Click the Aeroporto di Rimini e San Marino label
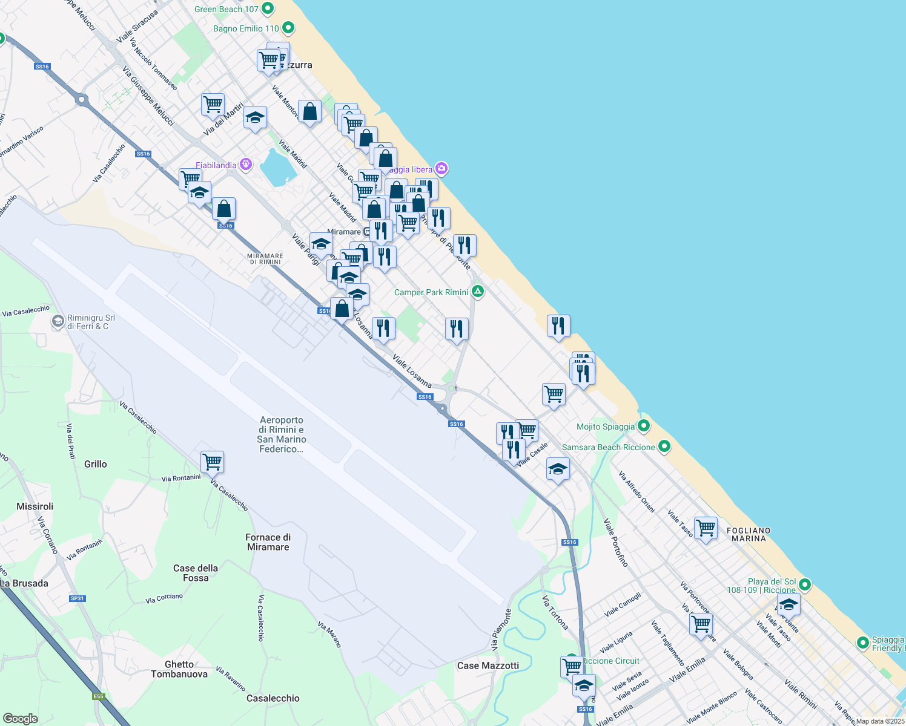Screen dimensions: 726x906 pos(282,434)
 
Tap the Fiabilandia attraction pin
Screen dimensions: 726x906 pos(245,165)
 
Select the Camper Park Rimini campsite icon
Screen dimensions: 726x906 pos(478,292)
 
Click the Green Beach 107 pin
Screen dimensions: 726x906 pos(268,9)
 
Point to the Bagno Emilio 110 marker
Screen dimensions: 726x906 pos(288,28)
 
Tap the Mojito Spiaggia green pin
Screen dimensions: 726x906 pos(644,426)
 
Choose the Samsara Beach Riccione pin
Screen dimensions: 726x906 pos(664,447)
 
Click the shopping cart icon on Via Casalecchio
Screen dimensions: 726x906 pos(213,462)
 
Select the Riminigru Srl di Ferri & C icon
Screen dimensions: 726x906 pos(58,321)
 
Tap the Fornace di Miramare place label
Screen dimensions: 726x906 pos(268,542)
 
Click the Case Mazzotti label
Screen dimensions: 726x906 pos(488,665)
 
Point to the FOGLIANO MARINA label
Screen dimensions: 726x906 pos(749,534)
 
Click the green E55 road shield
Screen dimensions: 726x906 pos(99,696)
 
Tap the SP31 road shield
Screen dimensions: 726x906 pos(77,598)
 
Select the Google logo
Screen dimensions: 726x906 pos(21,718)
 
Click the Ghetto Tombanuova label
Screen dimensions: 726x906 pos(179,669)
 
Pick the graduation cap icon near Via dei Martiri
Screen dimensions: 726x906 pos(255,117)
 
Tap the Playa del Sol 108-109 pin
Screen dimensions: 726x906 pos(805,585)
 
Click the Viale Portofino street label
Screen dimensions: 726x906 pos(616,543)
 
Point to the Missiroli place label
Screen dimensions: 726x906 pos(35,506)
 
